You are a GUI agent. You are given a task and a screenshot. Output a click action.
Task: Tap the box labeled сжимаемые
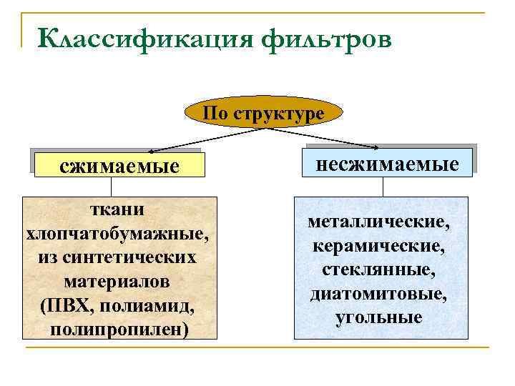pos(119,167)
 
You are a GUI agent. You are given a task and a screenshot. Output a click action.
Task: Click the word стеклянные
pos(379,270)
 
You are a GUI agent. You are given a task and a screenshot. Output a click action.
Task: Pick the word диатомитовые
pos(379,294)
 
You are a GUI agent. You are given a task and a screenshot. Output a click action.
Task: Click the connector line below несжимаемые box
pos(383,187)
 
